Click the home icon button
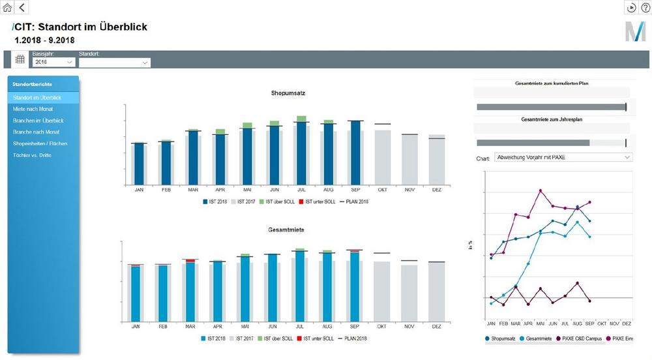[7, 7]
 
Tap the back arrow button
[22, 7]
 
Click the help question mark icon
[645, 7]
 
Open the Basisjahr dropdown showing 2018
[53, 62]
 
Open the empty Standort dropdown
[115, 63]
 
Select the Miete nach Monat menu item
[33, 109]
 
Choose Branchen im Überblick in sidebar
[38, 121]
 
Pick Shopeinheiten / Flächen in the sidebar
[40, 143]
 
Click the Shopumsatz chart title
[288, 93]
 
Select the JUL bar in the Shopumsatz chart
[301, 153]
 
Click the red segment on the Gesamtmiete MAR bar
[190, 261]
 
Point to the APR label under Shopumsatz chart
[220, 190]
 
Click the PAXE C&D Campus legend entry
[581, 338]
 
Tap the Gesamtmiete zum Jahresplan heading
[551, 120]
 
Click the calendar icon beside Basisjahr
[20, 59]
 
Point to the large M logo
[634, 31]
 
